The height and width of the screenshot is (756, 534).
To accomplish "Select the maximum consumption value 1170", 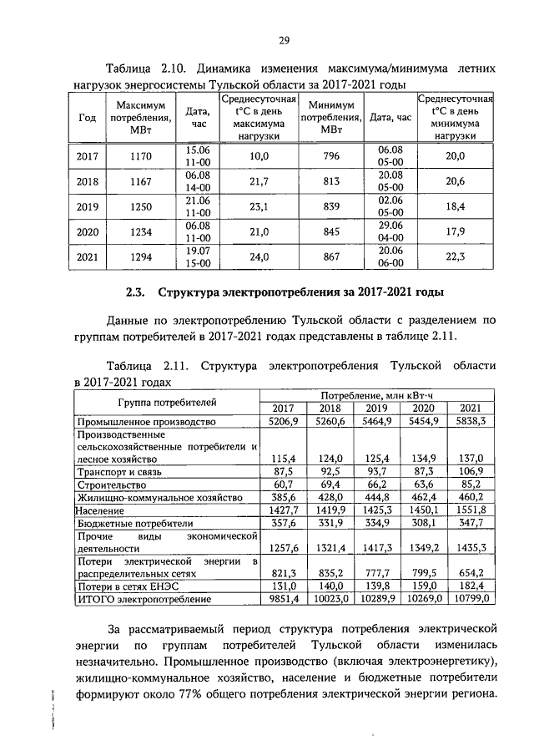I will [140, 156].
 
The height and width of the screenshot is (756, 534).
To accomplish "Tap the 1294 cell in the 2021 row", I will [140, 258].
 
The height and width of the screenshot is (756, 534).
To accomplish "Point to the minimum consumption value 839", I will [331, 206].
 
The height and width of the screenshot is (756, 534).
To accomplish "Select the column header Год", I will [87, 118].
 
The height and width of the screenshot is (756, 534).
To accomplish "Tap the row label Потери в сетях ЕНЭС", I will [123, 586].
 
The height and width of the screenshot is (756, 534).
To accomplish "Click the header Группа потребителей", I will [167, 401].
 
